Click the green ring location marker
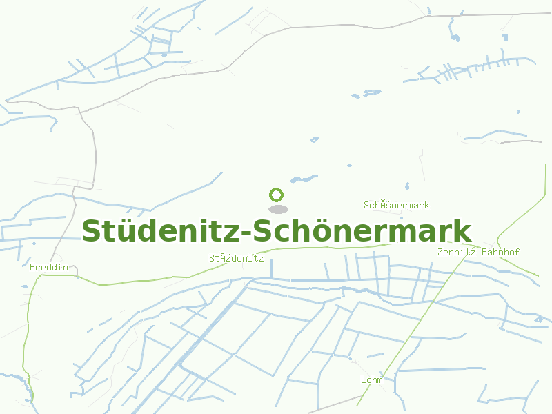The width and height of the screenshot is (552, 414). (277, 195)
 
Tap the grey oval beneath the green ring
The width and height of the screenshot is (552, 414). (277, 209)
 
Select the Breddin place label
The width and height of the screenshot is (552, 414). (49, 267)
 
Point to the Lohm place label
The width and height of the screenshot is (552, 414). (371, 380)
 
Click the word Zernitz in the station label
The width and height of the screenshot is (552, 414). (457, 252)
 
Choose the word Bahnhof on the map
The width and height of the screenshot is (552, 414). (500, 252)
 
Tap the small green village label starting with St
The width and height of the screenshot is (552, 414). (237, 258)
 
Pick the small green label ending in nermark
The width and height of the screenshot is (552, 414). (396, 205)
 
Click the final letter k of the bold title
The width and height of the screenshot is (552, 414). (463, 231)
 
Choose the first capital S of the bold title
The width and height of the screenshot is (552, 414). (92, 231)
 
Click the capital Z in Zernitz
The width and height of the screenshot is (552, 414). (440, 252)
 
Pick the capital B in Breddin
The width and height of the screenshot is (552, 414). (32, 267)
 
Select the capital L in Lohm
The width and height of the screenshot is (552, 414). (363, 380)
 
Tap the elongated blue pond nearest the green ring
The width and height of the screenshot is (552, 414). (303, 179)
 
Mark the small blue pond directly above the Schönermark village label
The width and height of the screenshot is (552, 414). (407, 186)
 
